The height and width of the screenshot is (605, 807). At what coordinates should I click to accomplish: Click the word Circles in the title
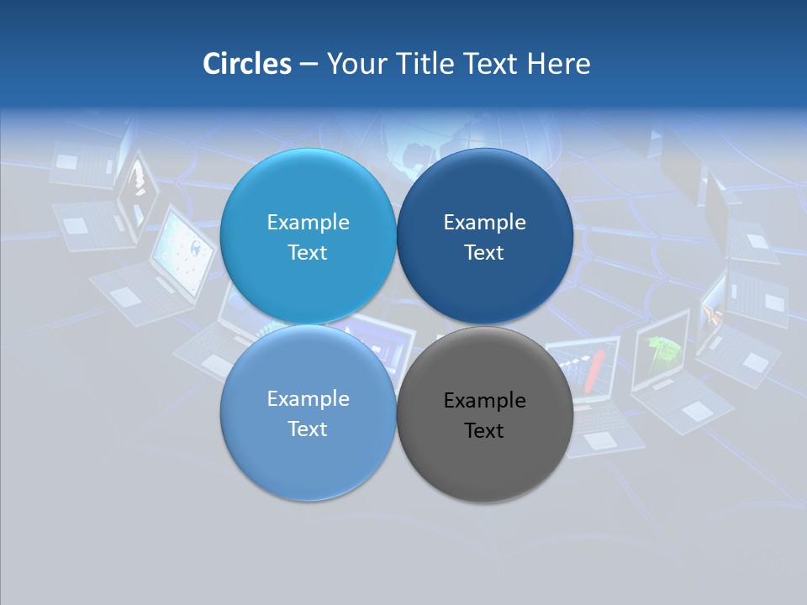(x=246, y=64)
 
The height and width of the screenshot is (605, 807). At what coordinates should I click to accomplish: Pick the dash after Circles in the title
(x=309, y=65)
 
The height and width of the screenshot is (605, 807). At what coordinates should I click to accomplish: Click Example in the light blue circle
(x=308, y=222)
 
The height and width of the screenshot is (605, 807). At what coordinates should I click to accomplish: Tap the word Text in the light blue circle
(x=308, y=252)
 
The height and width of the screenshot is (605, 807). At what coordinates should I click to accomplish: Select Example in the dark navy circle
(x=484, y=222)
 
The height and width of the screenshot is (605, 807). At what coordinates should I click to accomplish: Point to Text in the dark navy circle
(x=484, y=252)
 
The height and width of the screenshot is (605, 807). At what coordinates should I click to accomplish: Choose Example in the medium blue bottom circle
(x=308, y=398)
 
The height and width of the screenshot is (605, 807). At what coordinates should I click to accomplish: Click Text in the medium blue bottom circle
(x=308, y=429)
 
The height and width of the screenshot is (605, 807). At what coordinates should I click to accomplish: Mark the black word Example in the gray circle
(x=484, y=400)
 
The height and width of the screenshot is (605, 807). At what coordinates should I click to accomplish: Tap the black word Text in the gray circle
(x=484, y=430)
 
